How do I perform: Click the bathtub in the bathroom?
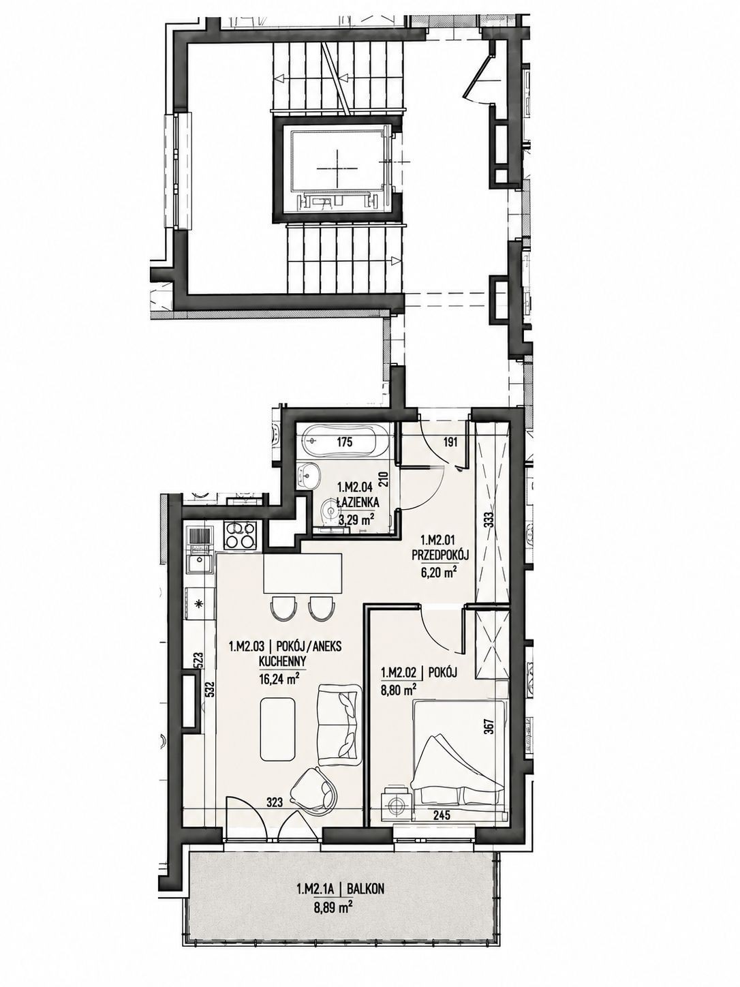(x=345, y=440)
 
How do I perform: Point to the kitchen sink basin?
(x=200, y=564)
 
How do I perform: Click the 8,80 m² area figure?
(x=398, y=687)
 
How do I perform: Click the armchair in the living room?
(x=314, y=784)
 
